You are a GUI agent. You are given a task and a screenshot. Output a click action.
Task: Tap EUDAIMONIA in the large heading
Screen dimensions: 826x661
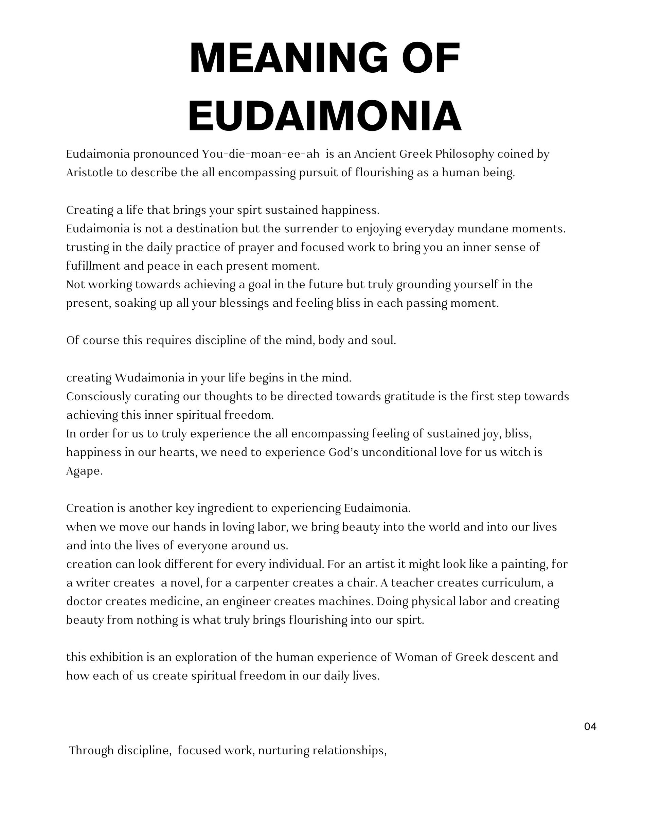[325, 116]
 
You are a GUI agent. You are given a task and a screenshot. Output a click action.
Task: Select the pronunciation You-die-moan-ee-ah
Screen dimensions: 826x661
[261, 154]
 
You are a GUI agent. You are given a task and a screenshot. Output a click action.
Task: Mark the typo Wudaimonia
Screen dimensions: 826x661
[149, 378]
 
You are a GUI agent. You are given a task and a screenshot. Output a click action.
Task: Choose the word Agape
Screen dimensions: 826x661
[84, 471]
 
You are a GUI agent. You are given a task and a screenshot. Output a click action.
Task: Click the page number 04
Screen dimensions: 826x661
[590, 727]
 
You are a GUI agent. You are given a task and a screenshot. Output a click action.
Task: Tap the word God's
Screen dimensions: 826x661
[343, 452]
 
